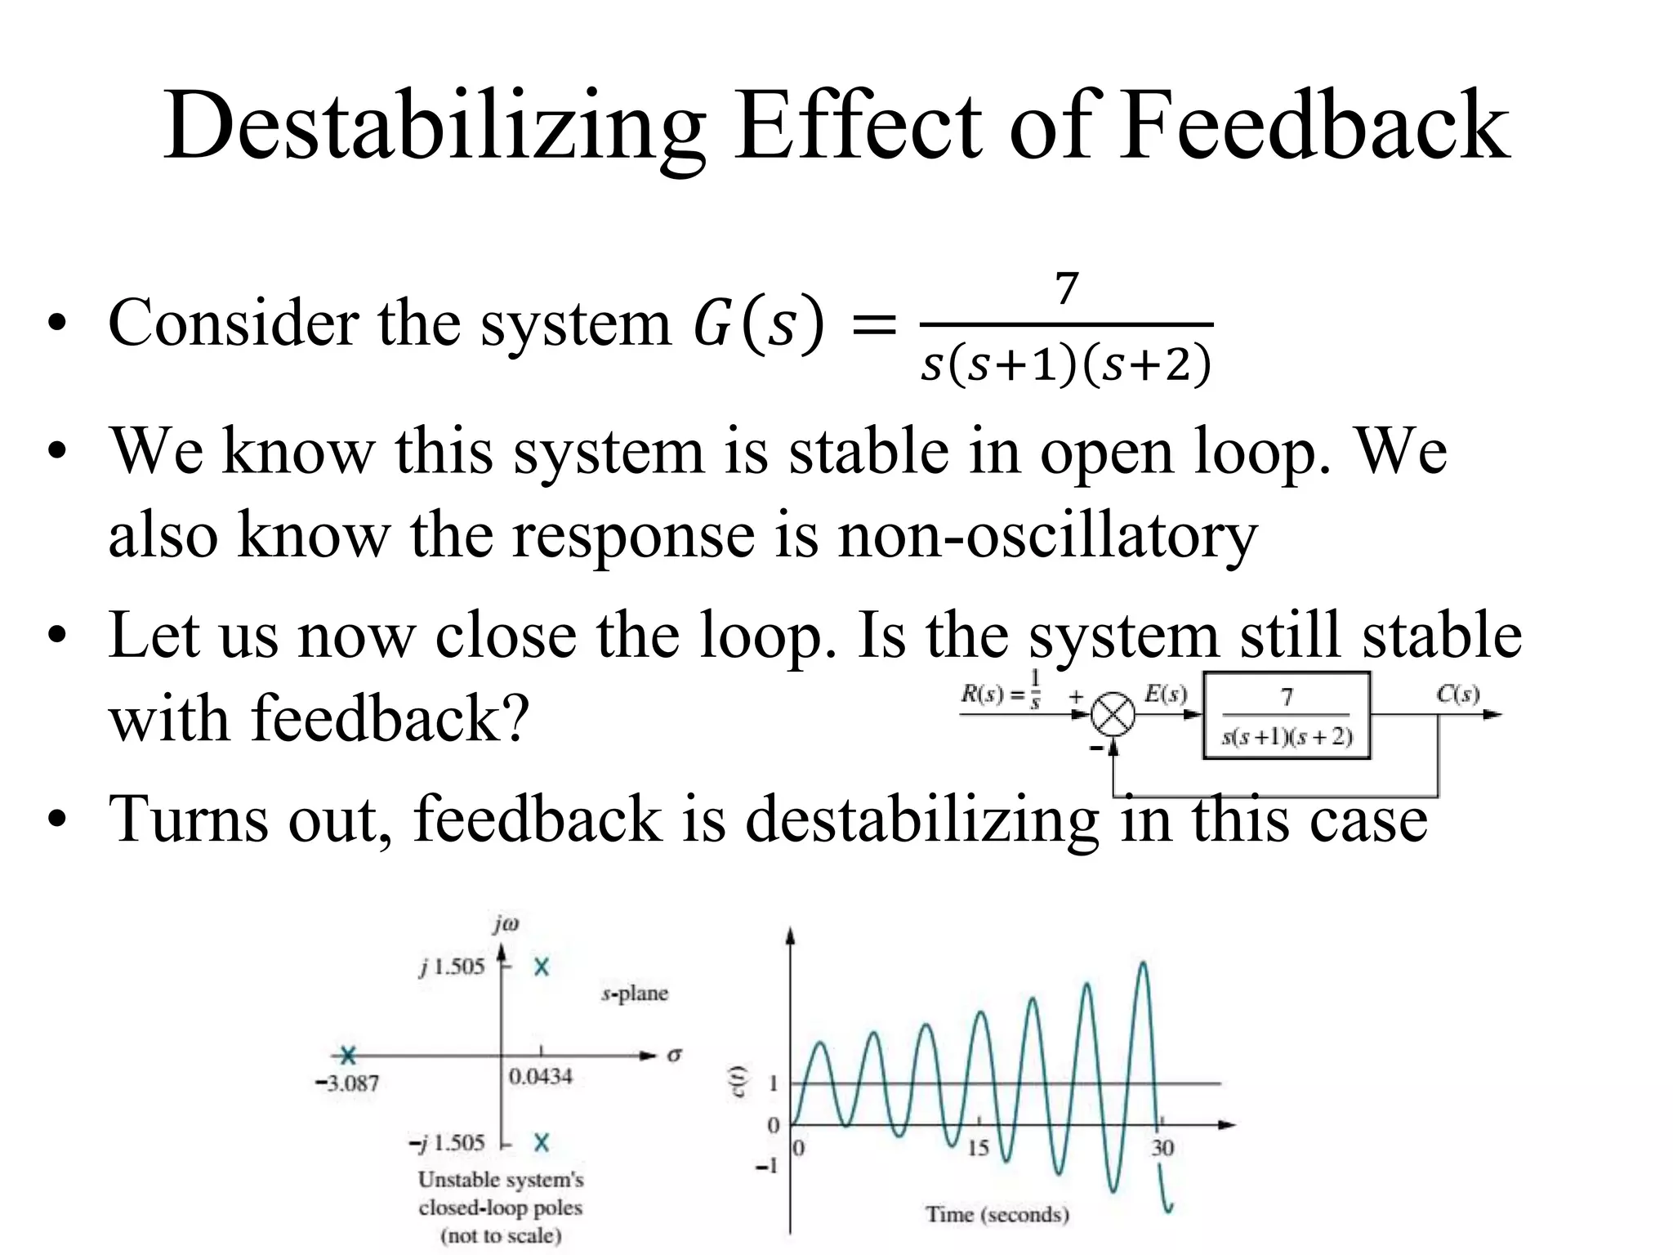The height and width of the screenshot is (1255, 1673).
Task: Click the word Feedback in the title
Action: [1314, 127]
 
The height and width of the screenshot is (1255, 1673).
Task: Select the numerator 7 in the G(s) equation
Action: [1066, 289]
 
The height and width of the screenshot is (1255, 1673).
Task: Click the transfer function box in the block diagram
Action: [1287, 716]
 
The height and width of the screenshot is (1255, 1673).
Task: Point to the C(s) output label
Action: [1457, 694]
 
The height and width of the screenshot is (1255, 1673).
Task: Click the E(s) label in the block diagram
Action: [1165, 694]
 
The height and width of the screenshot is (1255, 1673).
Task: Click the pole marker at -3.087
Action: [348, 1056]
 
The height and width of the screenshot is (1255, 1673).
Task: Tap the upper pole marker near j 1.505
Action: [541, 967]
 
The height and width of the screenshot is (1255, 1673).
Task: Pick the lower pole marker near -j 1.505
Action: [541, 1142]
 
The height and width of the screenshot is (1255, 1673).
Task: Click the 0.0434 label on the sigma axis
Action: [540, 1077]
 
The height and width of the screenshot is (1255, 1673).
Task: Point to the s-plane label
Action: [635, 994]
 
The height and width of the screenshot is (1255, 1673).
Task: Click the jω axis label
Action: [506, 924]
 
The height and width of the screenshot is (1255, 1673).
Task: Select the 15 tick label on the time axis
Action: [978, 1148]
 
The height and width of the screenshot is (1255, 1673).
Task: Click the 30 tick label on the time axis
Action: [1162, 1148]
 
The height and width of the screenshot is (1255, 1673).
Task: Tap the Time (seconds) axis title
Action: [997, 1215]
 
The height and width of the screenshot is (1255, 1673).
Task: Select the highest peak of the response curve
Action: [1143, 964]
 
